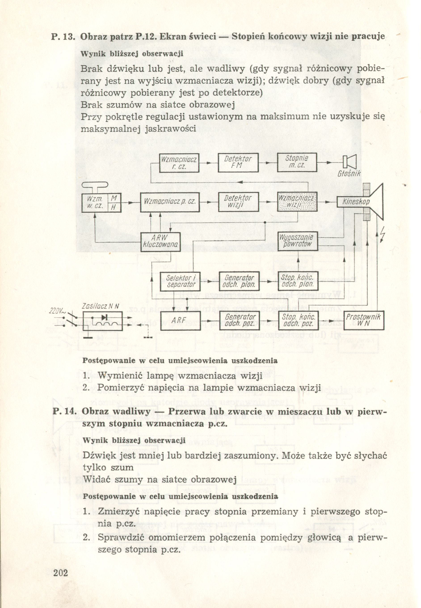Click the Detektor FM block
tap(238, 162)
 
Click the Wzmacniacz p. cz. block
tap(170, 202)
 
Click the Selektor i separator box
tap(180, 282)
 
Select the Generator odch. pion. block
tap(239, 282)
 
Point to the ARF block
tap(180, 320)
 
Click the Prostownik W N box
tap(364, 320)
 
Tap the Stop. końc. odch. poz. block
tap(298, 320)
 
